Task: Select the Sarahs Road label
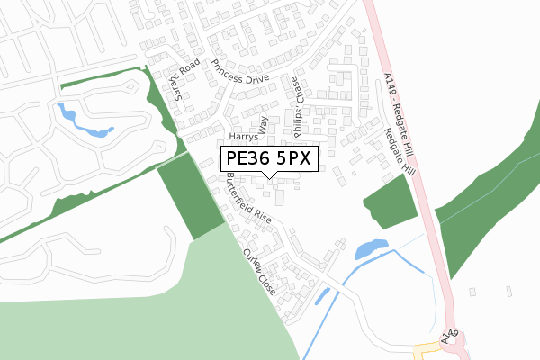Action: point(183,81)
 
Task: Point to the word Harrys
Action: point(243,138)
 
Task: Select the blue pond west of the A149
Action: point(370,247)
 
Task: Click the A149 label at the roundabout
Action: point(450,338)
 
